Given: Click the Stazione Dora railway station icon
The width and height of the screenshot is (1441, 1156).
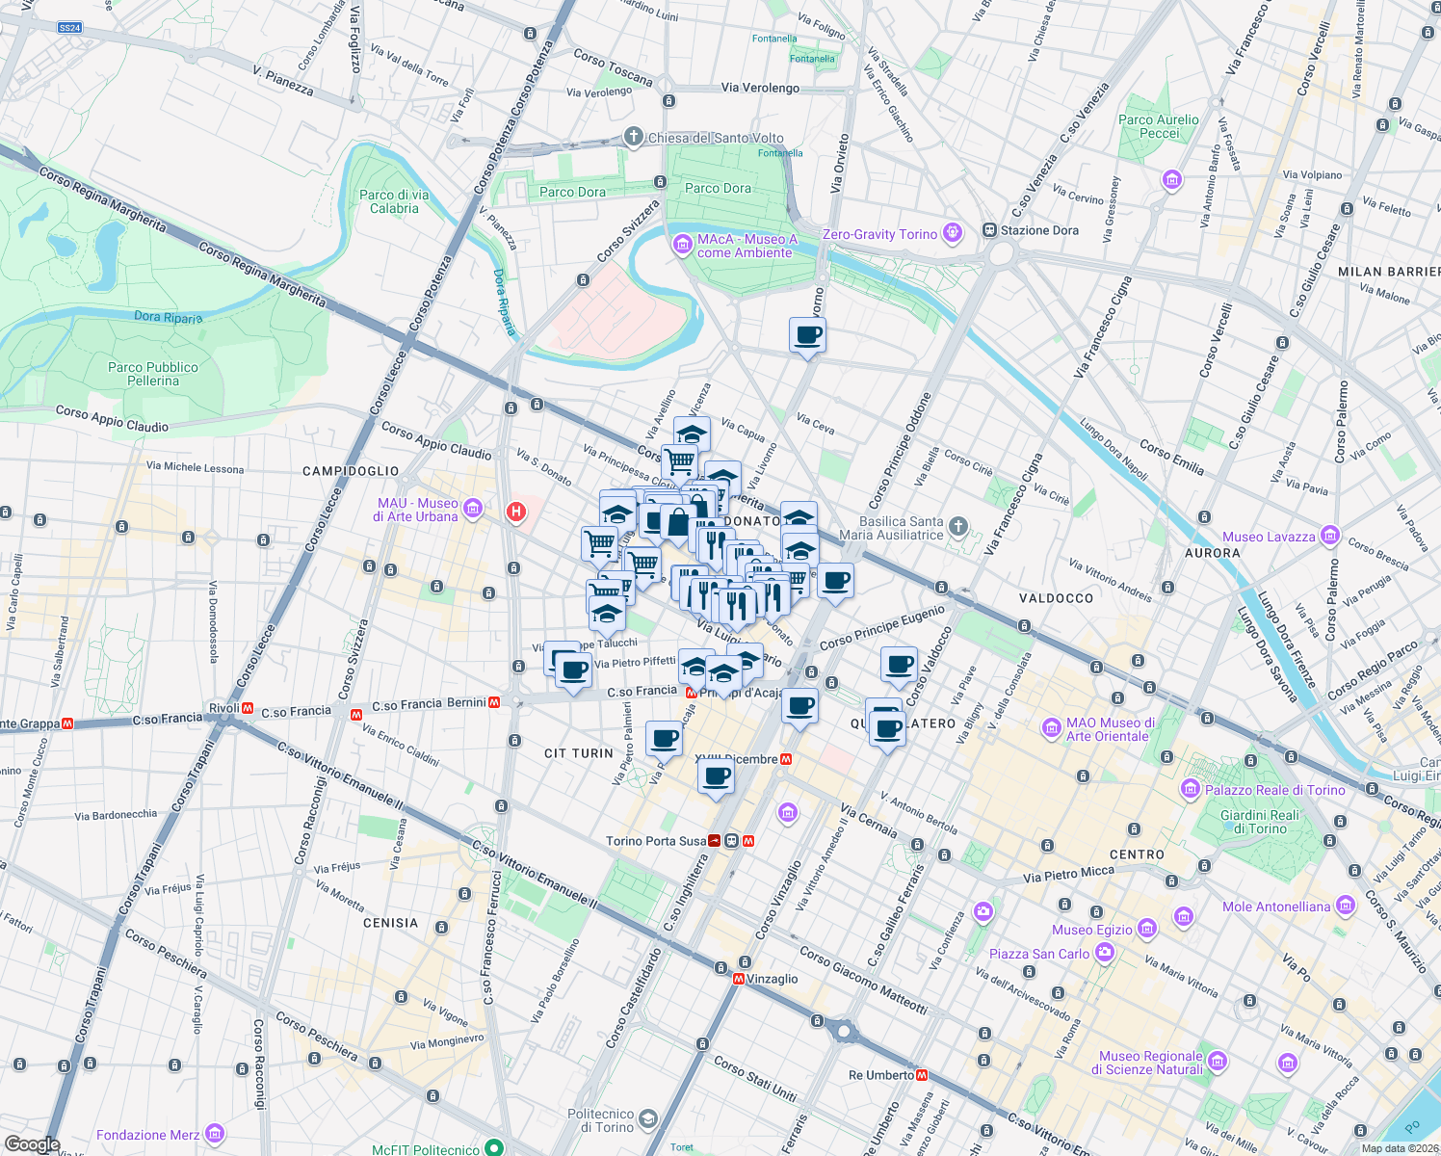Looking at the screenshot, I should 989,231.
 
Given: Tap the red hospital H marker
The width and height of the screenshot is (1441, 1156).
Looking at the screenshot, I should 516,512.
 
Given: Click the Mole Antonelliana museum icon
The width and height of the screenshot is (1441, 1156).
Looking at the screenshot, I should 1346,906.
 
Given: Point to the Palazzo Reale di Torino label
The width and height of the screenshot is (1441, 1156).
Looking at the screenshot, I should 1274,790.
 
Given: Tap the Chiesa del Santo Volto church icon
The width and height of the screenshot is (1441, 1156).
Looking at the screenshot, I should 633,137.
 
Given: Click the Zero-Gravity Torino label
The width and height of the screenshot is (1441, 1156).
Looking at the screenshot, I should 879,234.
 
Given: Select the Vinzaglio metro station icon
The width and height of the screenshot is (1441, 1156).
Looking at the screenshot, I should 739,979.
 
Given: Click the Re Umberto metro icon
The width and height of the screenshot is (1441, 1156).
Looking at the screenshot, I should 922,1075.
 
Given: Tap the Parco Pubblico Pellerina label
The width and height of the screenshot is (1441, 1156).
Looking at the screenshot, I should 153,374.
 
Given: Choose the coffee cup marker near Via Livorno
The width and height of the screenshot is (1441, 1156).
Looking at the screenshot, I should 807,336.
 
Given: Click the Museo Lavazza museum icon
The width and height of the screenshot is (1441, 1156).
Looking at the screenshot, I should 1330,536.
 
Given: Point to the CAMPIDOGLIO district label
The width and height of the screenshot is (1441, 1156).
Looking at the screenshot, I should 351,471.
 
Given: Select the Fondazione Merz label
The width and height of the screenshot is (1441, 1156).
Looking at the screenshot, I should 147,1135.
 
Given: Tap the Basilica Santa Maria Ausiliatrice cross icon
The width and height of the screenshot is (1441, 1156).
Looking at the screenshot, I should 957,526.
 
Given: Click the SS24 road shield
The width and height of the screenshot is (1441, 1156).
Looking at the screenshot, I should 69,28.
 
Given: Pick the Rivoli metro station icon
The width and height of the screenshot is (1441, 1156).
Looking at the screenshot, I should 248,709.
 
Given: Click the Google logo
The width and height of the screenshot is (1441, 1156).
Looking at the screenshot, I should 32,1144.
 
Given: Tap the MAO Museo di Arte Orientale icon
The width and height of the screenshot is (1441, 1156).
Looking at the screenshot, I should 1052,728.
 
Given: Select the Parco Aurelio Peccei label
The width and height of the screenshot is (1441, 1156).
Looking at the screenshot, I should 1159,126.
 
